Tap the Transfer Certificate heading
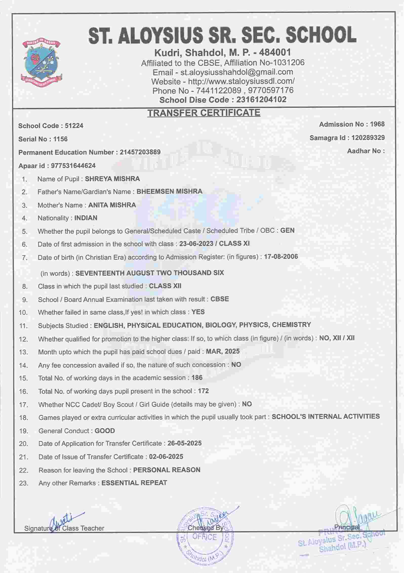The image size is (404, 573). pos(204,113)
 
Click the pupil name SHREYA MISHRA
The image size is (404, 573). pos(112,179)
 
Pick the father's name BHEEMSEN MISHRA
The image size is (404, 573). pos(169,192)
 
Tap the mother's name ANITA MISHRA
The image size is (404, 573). pos(112,205)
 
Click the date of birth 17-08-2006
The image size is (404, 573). pos(281,257)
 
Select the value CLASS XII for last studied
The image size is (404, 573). pos(165,286)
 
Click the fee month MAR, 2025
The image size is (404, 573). pos(223,351)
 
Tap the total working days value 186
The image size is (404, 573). pos(197,378)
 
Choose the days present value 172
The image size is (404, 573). pos(203,391)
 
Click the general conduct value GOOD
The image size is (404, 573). pos(105,431)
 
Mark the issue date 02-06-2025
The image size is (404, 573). pos(166,457)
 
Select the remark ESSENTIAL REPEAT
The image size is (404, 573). pos(134,483)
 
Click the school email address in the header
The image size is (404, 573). pos(236,72)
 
